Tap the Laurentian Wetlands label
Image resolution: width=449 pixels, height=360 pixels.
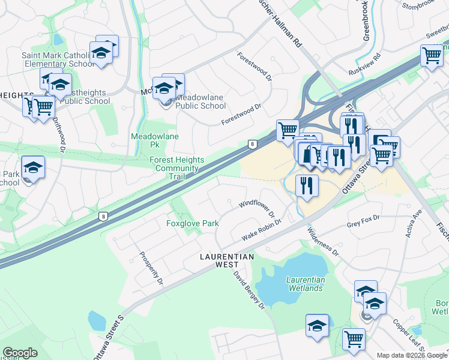(306, 283)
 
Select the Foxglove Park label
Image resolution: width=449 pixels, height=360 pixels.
(192, 223)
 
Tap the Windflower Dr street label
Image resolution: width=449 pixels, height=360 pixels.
(256, 209)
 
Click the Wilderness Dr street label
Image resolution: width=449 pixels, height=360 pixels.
(323, 241)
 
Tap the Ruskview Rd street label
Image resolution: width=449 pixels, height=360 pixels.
(364, 64)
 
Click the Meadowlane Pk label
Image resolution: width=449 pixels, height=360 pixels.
(147, 140)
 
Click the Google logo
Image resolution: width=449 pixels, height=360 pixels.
(19, 353)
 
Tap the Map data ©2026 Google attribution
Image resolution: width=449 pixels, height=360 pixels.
(412, 355)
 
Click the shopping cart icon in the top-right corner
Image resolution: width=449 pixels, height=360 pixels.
(432, 57)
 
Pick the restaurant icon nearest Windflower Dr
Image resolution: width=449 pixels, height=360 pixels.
(307, 185)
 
